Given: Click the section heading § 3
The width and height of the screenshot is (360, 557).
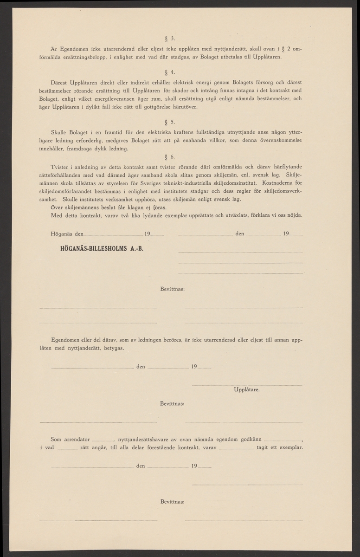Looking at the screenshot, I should pos(169,38).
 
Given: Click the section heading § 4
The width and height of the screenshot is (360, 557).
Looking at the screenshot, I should pos(169,72).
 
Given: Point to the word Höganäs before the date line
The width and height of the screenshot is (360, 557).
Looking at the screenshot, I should pos(61,234).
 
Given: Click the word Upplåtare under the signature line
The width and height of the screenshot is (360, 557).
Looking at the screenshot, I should pos(247,390).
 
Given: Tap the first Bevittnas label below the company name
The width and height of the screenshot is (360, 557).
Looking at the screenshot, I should pos(172,289).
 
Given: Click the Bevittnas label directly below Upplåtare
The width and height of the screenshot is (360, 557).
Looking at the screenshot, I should pos(172,404).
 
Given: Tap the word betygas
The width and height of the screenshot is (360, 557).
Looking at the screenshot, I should pos(113,348).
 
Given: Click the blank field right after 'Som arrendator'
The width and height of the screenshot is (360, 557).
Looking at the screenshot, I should pos(103,440).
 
